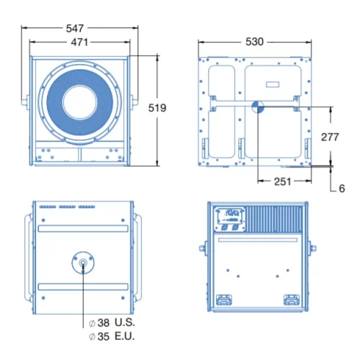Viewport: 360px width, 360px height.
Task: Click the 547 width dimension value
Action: tap(75, 28)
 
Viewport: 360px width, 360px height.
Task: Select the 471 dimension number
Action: tap(79, 42)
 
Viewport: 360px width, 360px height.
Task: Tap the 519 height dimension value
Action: tap(157, 108)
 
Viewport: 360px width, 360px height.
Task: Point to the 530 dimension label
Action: tap(254, 42)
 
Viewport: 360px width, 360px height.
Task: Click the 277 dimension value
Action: tap(330, 137)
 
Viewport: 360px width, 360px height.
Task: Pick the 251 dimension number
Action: tap(283, 181)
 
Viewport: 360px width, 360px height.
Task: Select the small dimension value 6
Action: tap(342, 189)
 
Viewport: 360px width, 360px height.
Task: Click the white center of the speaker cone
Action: tap(80, 102)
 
